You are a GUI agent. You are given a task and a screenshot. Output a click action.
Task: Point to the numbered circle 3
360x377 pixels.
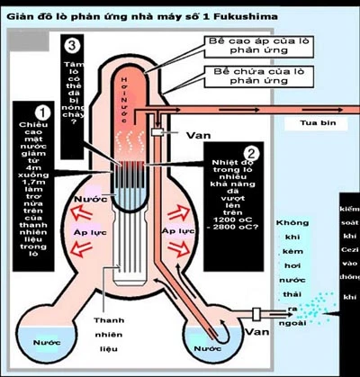71,45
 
